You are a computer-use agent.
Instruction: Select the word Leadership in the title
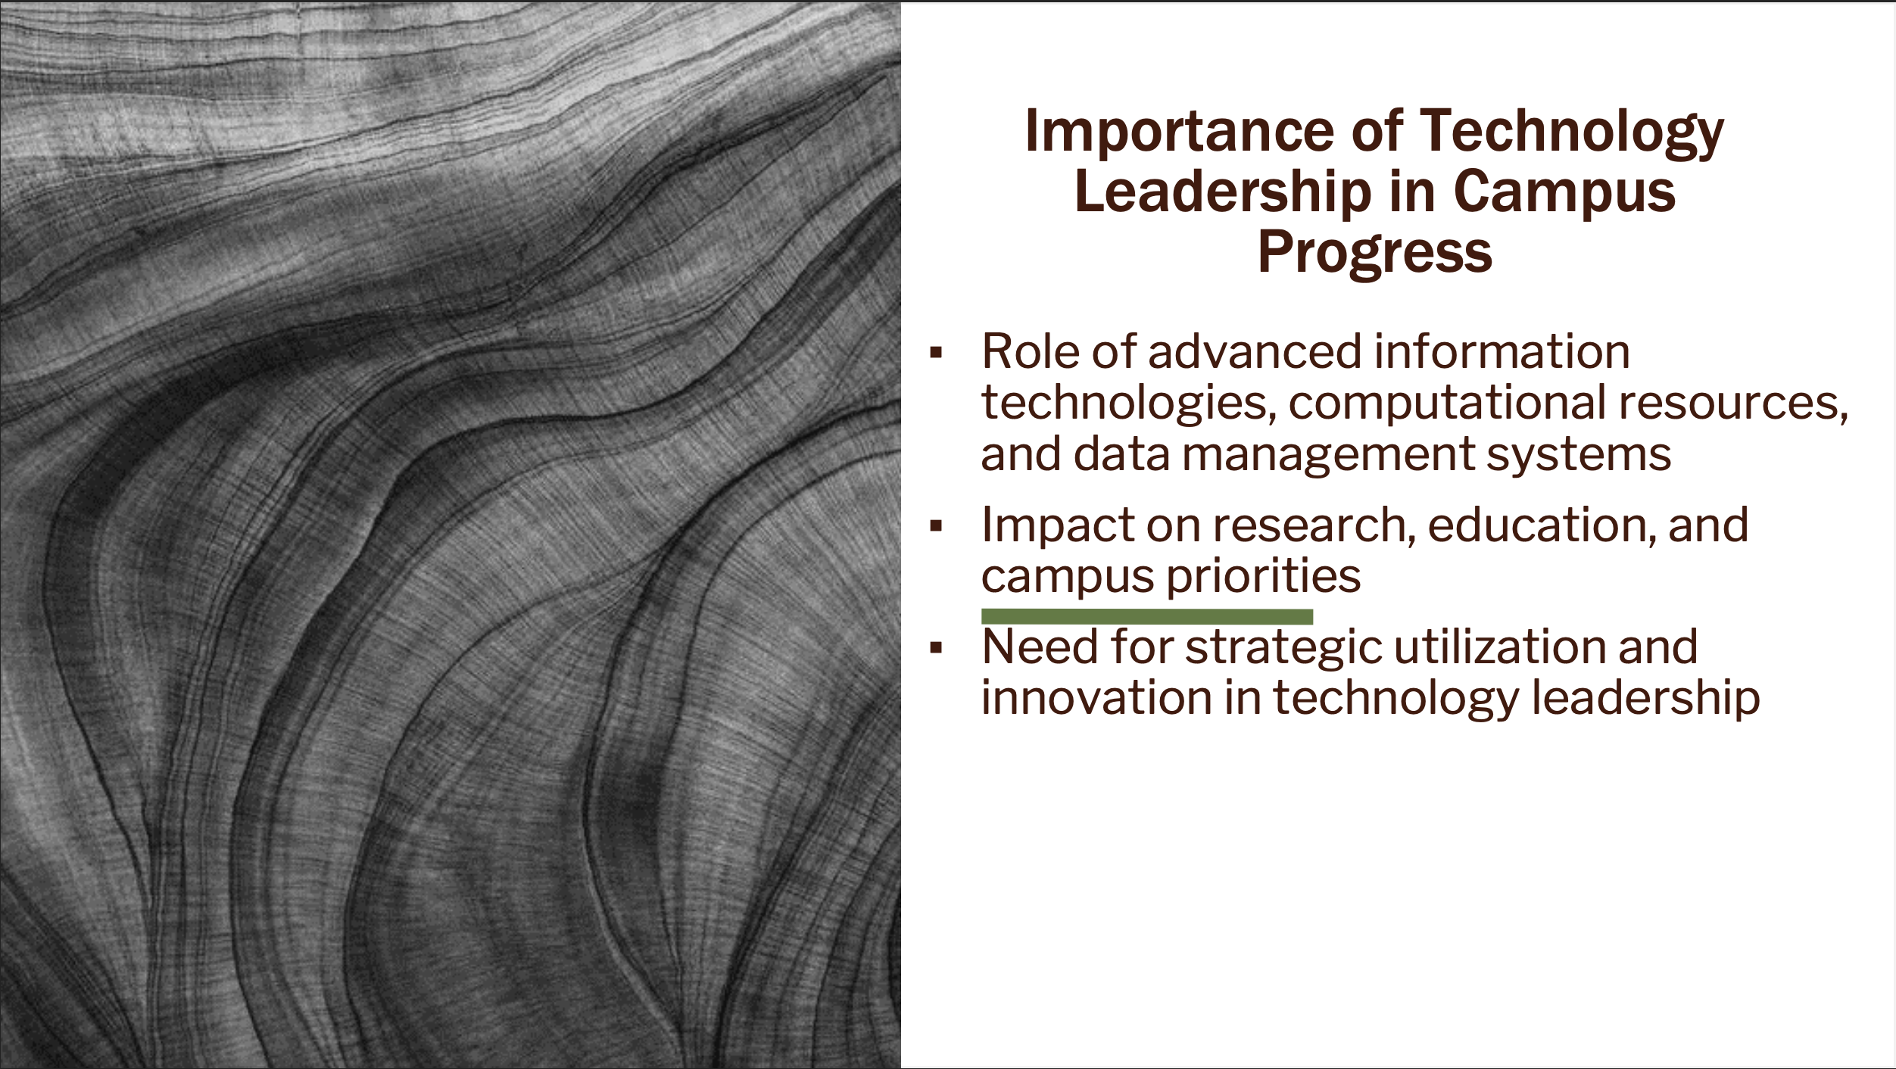coord(1222,192)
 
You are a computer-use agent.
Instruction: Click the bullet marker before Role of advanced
coord(937,353)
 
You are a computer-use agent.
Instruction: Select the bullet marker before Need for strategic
coord(937,648)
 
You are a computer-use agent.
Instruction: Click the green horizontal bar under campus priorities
coord(1146,617)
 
